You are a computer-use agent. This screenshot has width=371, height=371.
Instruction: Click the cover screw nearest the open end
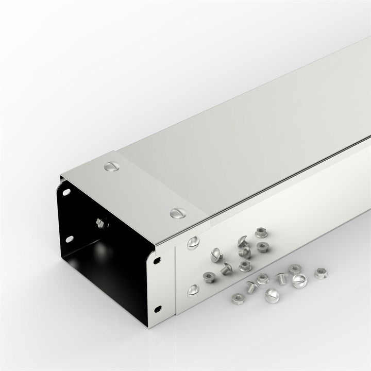pos(110,166)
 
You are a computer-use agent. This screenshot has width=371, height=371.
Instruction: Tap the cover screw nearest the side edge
pos(177,212)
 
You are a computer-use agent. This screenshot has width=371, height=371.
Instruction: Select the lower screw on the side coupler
pos(193,290)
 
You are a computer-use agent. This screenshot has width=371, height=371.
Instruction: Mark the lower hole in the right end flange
pos(157,309)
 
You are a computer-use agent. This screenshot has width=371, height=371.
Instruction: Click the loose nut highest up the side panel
pos(261,233)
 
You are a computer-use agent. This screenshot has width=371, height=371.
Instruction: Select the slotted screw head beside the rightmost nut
pos(299,281)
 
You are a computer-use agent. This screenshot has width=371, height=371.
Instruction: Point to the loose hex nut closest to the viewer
pos(238,297)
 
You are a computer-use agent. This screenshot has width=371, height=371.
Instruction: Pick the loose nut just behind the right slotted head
pos(294,269)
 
